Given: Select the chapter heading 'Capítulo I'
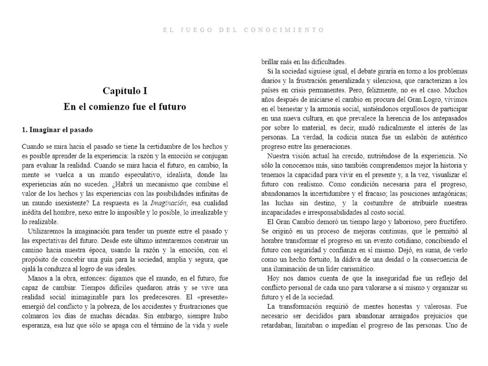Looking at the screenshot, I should (x=125, y=91).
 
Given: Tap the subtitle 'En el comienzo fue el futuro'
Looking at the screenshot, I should (x=125, y=107).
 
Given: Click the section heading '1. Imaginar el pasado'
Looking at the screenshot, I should (x=57, y=130).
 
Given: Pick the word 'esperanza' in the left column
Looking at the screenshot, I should (x=37, y=325).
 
